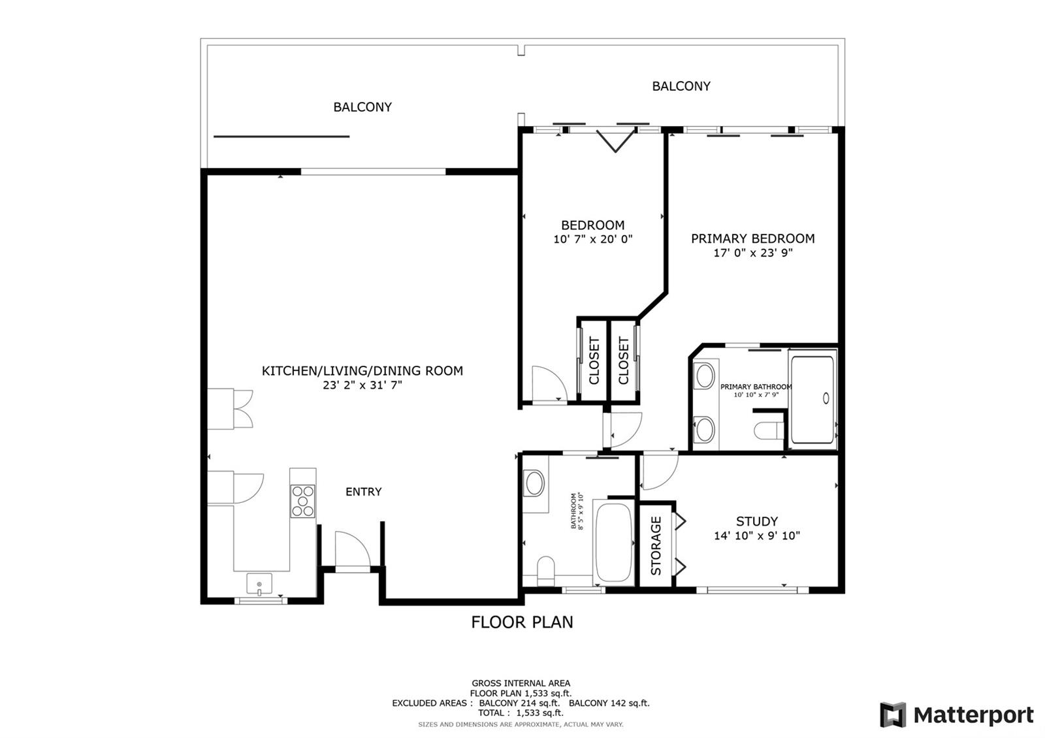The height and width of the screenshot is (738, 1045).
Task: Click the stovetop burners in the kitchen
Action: pos(303,501)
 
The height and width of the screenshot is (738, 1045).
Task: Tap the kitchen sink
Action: pos(259,584)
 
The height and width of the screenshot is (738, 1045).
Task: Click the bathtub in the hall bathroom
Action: pos(613,542)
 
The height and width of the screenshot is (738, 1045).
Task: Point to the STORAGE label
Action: pos(656,546)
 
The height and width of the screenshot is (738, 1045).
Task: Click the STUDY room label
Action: pos(757,521)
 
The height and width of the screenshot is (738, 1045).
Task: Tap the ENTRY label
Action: pos(363,492)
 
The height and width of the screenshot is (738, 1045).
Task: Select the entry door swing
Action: pos(353,549)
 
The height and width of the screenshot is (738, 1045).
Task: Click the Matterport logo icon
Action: pos(893,714)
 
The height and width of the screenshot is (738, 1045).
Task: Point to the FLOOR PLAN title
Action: pos(522,622)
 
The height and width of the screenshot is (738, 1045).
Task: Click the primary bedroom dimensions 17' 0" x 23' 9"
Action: pos(753,253)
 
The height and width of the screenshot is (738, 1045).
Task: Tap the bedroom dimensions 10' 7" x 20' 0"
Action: pos(592,239)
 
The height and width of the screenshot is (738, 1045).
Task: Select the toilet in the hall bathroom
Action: pos(545,571)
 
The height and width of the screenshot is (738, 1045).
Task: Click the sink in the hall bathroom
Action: pos(535,483)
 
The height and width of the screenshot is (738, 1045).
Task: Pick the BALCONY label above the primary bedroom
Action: pos(681,86)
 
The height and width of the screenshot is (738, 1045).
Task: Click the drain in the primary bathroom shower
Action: pos(826,398)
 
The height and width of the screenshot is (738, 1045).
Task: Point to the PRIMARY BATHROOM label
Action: pos(756,387)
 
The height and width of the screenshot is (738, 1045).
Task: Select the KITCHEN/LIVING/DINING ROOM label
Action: pos(362,371)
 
